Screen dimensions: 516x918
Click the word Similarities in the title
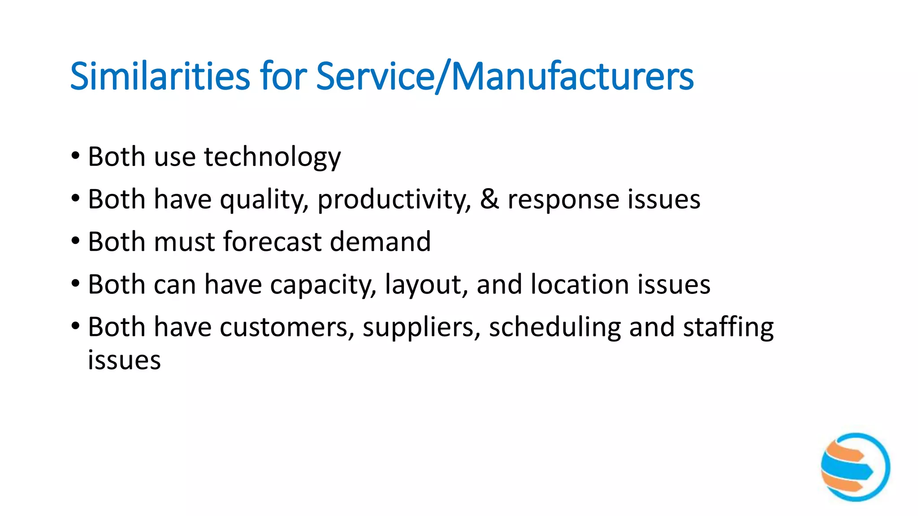160,76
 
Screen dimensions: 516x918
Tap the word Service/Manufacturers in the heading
505,76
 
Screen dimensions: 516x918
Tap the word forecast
272,242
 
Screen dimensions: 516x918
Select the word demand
380,242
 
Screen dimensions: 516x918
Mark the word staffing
728,328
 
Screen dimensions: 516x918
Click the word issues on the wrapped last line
124,360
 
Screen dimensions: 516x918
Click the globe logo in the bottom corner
855,467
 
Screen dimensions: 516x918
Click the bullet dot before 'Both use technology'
75,157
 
